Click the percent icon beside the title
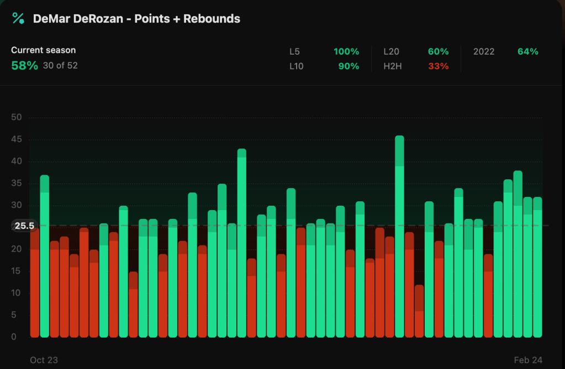[18, 18]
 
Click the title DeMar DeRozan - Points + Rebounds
[136, 19]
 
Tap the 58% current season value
[24, 66]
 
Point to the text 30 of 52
[60, 66]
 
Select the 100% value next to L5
[346, 52]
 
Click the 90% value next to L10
[348, 66]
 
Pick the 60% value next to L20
[438, 52]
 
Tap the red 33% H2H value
[438, 66]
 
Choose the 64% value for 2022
[527, 52]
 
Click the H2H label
[393, 66]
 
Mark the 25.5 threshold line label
[24, 226]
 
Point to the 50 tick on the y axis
[17, 117]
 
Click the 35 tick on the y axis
[17, 183]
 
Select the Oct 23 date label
[44, 360]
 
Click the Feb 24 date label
[528, 360]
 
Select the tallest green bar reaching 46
[399, 237]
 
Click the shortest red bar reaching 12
[419, 312]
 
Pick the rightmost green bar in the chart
[537, 268]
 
